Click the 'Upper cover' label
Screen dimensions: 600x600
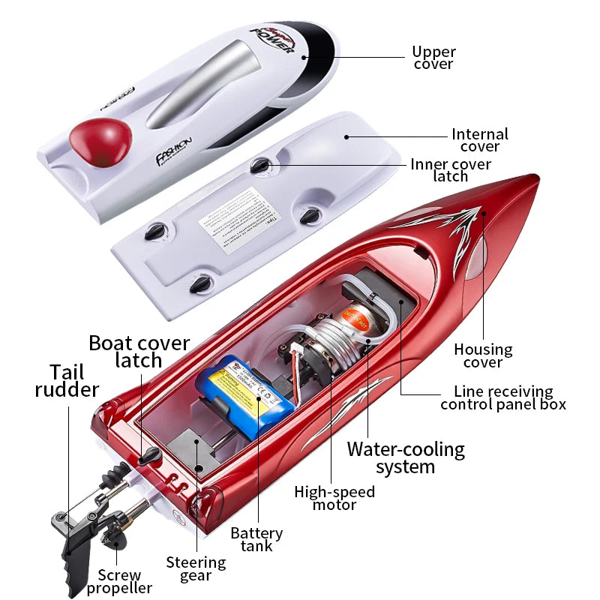(x=433, y=58)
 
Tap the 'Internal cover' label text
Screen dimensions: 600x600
(x=479, y=140)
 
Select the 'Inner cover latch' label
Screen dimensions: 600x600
(x=451, y=170)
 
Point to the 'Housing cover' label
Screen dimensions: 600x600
(x=483, y=355)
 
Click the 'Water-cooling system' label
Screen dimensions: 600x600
(x=405, y=457)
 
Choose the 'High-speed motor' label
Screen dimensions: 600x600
(x=334, y=498)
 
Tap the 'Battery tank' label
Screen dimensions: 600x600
(x=256, y=539)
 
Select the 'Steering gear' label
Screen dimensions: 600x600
(x=196, y=568)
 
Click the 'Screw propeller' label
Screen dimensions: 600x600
(x=119, y=582)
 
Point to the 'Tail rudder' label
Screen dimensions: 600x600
(x=67, y=380)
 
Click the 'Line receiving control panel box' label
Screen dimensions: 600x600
(x=503, y=397)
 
